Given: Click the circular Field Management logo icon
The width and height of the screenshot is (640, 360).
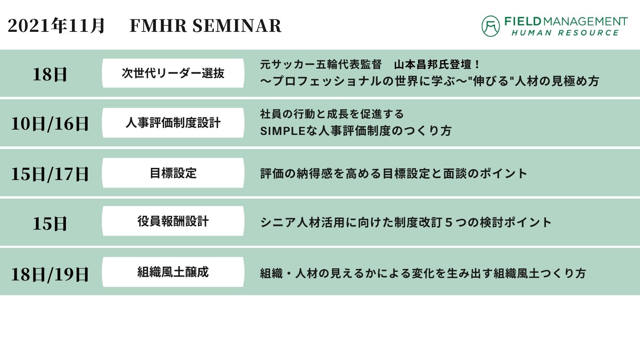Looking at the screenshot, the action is click(491, 26).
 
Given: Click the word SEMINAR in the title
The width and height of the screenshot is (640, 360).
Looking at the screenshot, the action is click(237, 26).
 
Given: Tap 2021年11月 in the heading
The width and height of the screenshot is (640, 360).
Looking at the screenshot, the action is click(56, 26).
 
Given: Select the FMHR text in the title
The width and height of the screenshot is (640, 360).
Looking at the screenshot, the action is click(158, 26).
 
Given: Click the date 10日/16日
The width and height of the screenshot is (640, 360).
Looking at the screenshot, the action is click(50, 124).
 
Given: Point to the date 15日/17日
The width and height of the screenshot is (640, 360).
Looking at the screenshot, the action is click(50, 174).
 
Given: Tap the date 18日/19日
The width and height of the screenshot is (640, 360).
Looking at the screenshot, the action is click(50, 274).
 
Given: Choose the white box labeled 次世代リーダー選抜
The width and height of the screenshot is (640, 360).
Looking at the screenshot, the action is click(173, 73).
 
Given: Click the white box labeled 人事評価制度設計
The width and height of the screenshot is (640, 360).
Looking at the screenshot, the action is click(173, 123).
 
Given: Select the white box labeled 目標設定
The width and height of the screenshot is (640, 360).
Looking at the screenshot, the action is click(173, 173).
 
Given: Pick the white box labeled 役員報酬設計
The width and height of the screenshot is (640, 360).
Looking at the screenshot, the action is click(173, 221).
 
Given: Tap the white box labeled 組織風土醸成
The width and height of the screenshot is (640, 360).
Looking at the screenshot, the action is click(173, 272).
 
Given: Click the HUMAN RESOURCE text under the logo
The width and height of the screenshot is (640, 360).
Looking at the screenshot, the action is click(565, 33).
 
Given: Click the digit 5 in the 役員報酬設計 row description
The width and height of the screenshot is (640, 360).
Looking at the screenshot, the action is click(449, 222).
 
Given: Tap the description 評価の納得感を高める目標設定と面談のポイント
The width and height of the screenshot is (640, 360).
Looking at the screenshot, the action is click(394, 174).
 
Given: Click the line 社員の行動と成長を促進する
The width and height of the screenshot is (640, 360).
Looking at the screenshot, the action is click(332, 114).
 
